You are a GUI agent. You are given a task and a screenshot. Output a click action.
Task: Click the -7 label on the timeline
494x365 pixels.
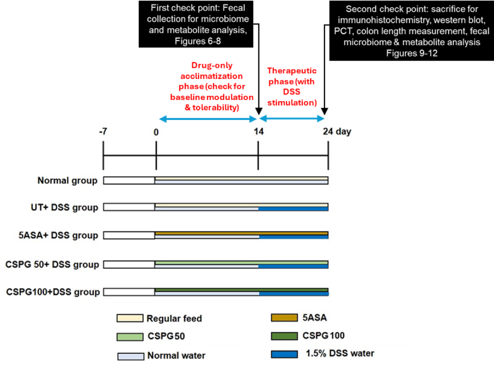(103, 132)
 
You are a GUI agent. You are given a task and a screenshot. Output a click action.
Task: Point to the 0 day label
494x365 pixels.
(156, 132)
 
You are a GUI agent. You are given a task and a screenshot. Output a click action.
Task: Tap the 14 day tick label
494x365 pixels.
(258, 132)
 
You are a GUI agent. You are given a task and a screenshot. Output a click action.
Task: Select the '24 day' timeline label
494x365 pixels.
(337, 132)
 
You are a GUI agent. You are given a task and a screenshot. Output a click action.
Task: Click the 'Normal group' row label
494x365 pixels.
(67, 180)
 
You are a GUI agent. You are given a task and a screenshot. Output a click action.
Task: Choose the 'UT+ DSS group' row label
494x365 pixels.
(64, 207)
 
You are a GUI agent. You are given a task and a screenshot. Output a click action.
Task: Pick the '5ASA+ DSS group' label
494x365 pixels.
(58, 235)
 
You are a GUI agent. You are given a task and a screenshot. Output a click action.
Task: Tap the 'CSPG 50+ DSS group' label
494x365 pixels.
(52, 264)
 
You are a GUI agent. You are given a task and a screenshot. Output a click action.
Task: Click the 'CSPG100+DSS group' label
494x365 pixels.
(53, 292)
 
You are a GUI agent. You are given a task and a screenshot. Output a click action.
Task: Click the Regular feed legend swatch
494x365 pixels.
(130, 318)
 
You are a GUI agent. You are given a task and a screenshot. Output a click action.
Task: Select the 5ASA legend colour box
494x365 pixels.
(284, 318)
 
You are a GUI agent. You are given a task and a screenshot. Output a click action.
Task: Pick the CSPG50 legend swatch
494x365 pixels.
(130, 337)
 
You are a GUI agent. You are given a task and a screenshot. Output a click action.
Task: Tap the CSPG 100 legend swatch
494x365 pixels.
(284, 336)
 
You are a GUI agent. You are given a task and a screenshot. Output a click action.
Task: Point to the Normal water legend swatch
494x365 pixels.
(130, 356)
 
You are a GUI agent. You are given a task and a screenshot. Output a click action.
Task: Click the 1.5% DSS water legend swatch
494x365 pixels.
(284, 354)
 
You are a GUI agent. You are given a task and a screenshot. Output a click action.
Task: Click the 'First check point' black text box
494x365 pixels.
(196, 24)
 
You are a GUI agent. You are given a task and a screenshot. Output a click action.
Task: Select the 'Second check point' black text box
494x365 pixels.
(411, 31)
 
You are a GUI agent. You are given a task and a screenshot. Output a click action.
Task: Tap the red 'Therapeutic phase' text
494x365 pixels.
(292, 87)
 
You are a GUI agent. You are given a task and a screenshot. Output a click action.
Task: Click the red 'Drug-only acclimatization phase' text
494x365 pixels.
(212, 86)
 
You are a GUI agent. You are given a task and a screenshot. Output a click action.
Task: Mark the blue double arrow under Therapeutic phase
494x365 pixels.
(292, 119)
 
